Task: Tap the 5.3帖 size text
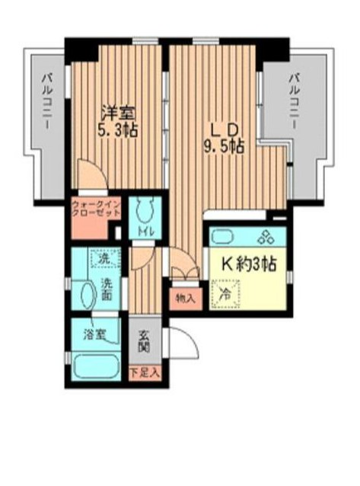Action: point(116,129)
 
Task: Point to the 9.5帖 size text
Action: point(223,145)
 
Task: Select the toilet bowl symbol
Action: point(142,208)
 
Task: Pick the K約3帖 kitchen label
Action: point(248,264)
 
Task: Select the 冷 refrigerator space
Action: point(226,293)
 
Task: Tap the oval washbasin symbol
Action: point(87,293)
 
